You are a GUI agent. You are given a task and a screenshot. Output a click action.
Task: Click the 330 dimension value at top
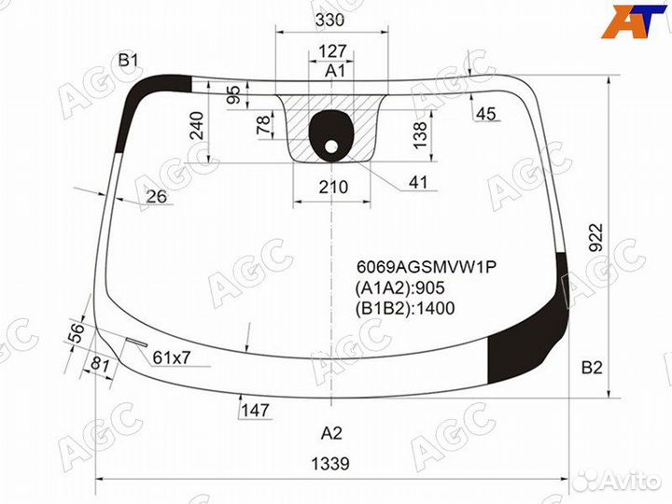click(330, 20)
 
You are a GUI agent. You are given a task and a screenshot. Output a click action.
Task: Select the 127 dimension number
click(332, 51)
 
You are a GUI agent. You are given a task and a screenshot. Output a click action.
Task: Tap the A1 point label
click(334, 71)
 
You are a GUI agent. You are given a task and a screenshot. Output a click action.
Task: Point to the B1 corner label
click(128, 61)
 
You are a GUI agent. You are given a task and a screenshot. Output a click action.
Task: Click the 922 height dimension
click(595, 237)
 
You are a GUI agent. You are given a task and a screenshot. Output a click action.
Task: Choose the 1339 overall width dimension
click(330, 463)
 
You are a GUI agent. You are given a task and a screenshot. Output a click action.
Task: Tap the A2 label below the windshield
click(331, 433)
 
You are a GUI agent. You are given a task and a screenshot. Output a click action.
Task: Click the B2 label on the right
click(592, 368)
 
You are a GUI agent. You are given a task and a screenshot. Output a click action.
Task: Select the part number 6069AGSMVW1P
click(427, 268)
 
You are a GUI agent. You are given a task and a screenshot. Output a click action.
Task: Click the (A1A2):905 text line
click(399, 288)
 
